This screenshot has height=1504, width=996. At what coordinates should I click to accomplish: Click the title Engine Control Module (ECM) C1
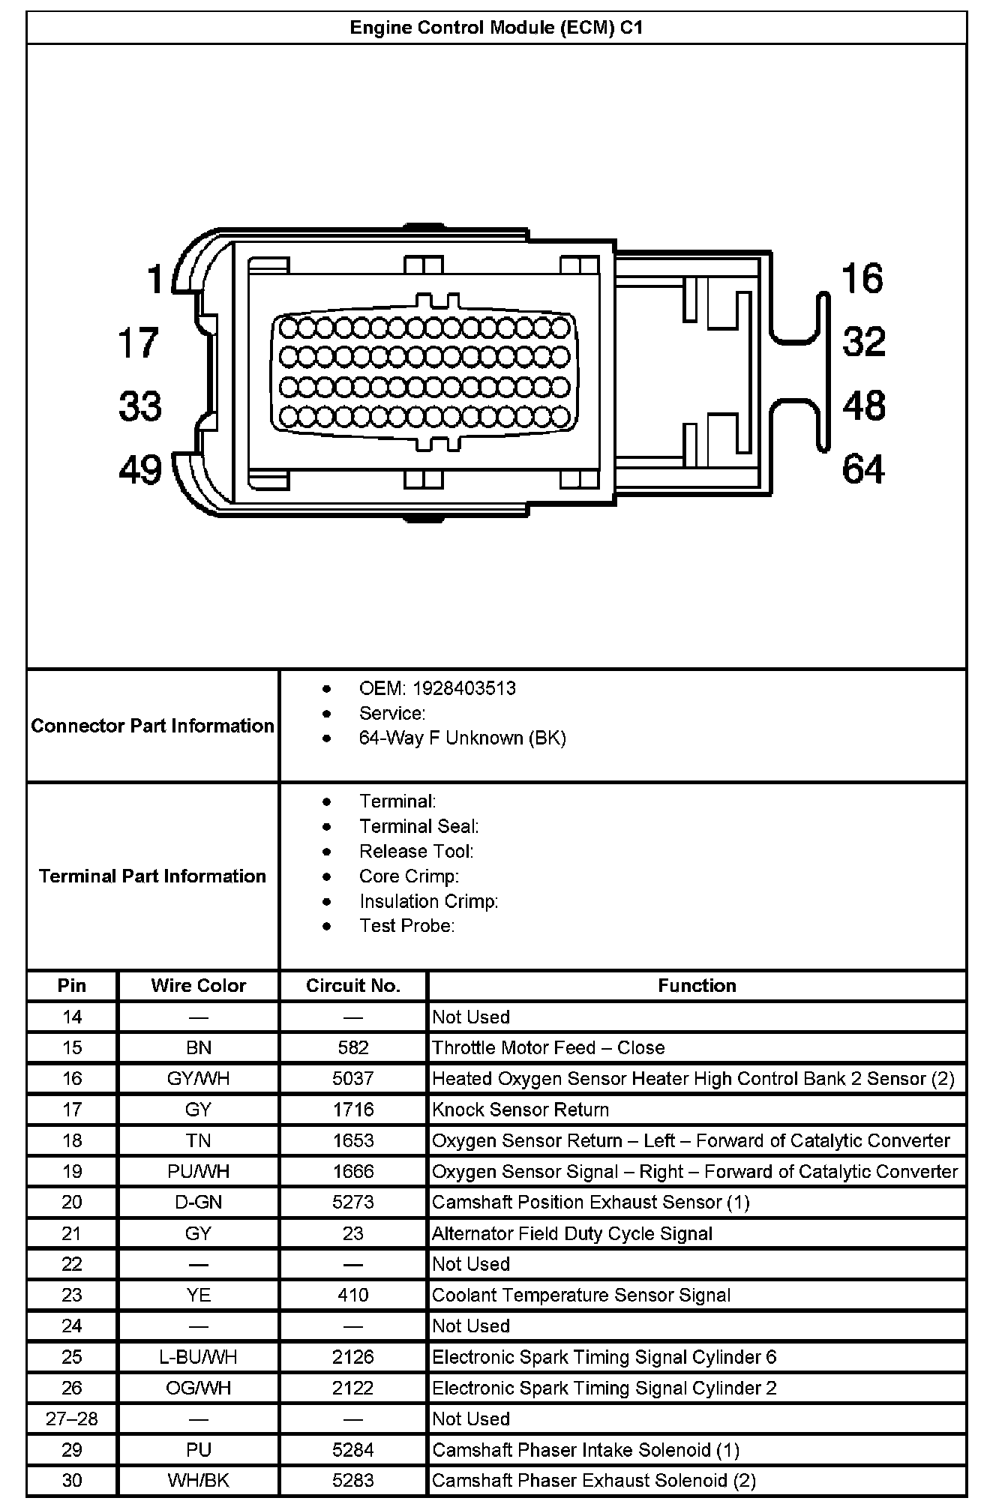pos(496,28)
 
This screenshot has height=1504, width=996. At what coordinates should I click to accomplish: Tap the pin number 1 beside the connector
pos(155,280)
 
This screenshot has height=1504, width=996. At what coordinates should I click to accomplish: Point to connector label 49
pos(140,470)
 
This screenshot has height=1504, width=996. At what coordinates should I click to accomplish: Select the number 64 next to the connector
pos(863,469)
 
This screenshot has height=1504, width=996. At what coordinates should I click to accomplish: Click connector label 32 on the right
pos(864,342)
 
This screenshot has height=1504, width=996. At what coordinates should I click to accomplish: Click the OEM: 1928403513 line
pos(437,688)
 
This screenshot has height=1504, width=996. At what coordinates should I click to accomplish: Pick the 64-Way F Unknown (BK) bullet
pos(462,738)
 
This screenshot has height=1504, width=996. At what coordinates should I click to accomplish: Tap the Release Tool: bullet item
pos(416,851)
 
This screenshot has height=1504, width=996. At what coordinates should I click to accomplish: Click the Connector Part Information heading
pos(152,726)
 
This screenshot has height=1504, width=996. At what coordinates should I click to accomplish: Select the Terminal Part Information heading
pos(152,876)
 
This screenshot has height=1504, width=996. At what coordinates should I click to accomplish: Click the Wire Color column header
pos(198,985)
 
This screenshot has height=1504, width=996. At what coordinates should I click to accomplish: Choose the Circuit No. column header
pos(353,985)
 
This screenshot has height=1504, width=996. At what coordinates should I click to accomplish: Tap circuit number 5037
pos(353,1078)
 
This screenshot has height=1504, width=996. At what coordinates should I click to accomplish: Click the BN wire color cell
pos(198,1047)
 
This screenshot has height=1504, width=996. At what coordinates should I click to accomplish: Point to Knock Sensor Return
pos(520,1110)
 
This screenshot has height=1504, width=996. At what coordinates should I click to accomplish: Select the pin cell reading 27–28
pos(72,1419)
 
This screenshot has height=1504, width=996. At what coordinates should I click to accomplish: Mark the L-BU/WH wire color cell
pos(198,1357)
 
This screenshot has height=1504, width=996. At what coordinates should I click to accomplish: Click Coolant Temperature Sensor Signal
pos(581,1295)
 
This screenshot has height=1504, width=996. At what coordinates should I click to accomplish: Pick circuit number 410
pos(353,1295)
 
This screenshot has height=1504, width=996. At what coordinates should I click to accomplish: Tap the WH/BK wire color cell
pos(198,1480)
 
